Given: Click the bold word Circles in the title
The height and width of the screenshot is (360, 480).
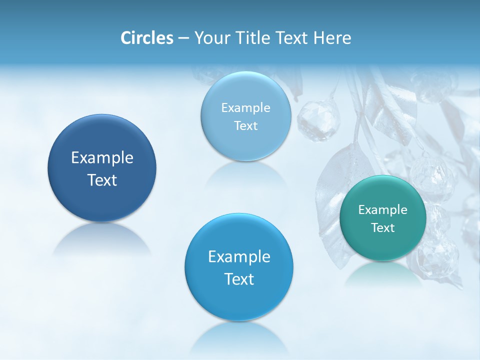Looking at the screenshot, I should pyautogui.click(x=146, y=38).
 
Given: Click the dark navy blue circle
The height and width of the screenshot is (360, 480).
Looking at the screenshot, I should pyautogui.click(x=102, y=168).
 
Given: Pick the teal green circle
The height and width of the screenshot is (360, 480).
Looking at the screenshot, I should pyautogui.click(x=383, y=218).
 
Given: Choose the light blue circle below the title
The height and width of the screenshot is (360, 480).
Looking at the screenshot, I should pyautogui.click(x=245, y=116).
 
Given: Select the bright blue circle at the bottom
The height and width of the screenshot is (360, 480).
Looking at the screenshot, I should pyautogui.click(x=239, y=267).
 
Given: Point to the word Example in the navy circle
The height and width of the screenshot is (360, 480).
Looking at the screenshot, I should pyautogui.click(x=102, y=158).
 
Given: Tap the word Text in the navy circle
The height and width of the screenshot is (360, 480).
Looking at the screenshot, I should pyautogui.click(x=102, y=180).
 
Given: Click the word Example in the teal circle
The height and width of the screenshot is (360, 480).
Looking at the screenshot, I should pyautogui.click(x=383, y=210).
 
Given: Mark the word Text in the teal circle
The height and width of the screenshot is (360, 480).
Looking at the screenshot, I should pyautogui.click(x=383, y=228).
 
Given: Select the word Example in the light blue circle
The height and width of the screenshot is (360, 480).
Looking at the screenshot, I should pyautogui.click(x=245, y=108).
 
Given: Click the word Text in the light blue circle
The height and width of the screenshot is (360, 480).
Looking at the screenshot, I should pyautogui.click(x=245, y=126).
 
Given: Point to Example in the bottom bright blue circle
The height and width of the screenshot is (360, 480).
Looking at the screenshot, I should pyautogui.click(x=239, y=257).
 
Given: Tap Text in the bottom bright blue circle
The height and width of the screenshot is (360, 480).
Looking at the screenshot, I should pyautogui.click(x=239, y=279).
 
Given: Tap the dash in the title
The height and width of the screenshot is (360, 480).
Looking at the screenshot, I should pyautogui.click(x=183, y=38).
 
